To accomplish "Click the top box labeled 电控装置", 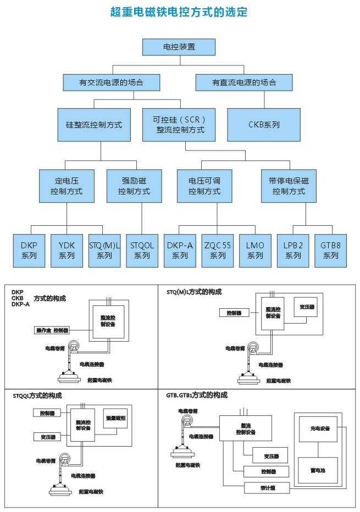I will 179,47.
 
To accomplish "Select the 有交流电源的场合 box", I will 111,83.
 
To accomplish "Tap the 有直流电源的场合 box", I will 244,83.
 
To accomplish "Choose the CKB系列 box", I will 264,125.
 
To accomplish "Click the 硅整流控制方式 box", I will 98,125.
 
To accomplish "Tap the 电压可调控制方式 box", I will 204,186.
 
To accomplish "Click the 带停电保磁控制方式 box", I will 289,186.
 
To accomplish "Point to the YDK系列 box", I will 67,251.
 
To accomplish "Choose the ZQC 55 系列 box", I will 218,251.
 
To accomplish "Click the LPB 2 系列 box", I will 293,251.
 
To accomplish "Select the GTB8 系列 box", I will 330,251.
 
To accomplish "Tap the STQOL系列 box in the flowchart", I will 142,251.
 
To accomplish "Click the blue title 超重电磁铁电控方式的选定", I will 179,12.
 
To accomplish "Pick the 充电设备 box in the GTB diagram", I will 320,428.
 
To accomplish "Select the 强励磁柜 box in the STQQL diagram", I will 115,419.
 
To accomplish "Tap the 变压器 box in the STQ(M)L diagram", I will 306,307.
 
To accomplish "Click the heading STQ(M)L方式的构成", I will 194,292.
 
